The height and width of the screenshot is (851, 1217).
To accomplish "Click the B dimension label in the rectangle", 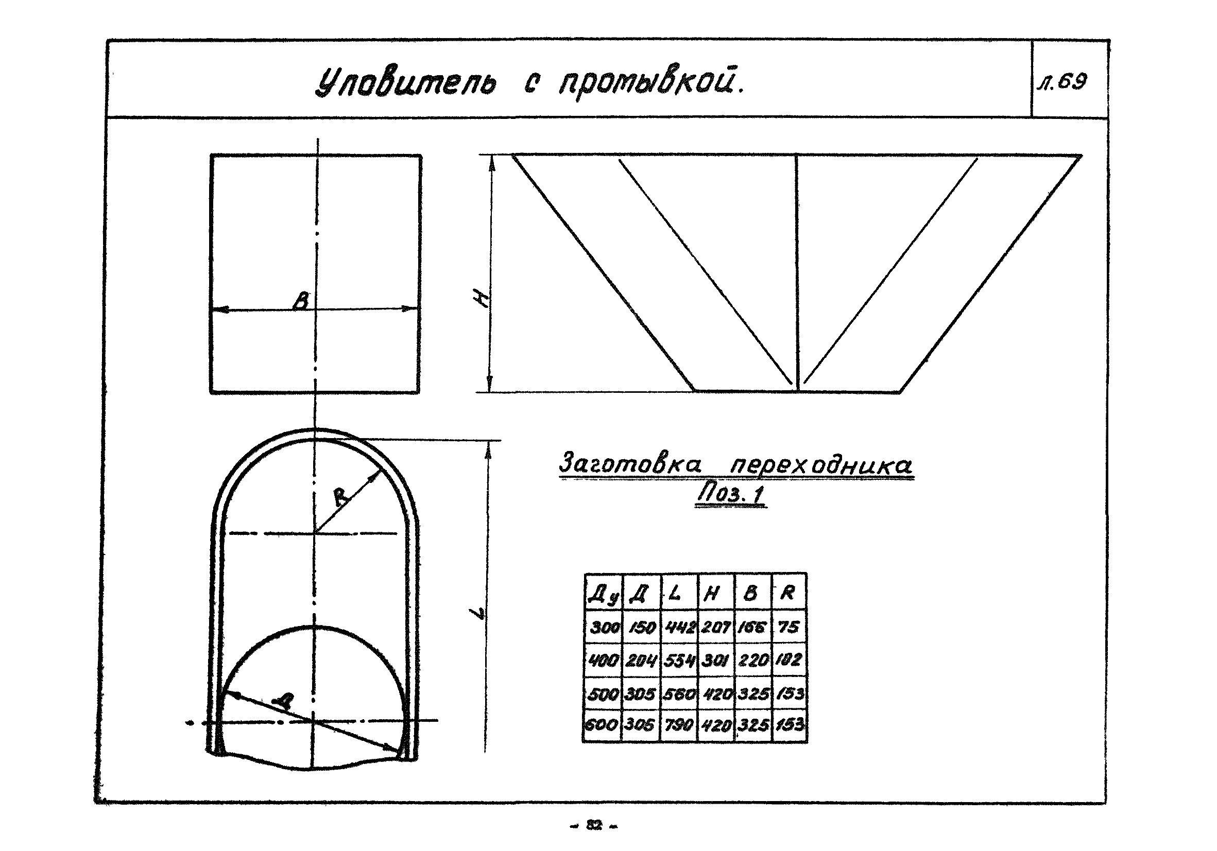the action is [301, 301].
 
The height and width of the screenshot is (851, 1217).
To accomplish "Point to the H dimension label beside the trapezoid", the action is [481, 301].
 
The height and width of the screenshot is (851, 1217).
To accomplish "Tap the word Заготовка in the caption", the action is [630, 464].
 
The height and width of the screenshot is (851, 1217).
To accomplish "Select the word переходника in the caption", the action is [821, 465].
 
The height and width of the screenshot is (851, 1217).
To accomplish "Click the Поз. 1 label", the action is [731, 494].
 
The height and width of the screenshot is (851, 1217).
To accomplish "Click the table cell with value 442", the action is [679, 627].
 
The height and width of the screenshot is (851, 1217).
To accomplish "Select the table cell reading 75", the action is [789, 627].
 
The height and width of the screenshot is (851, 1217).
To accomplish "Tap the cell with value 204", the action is [641, 660].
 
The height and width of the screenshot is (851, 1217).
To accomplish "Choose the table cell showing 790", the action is [679, 724].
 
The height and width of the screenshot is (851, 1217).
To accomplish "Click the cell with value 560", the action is [679, 693].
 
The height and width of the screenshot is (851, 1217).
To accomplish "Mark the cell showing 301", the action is [715, 660].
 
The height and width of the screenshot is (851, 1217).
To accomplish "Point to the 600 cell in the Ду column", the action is [602, 724].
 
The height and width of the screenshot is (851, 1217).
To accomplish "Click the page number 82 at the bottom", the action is [594, 825].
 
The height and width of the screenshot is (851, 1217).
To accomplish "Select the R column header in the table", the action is [787, 593].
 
